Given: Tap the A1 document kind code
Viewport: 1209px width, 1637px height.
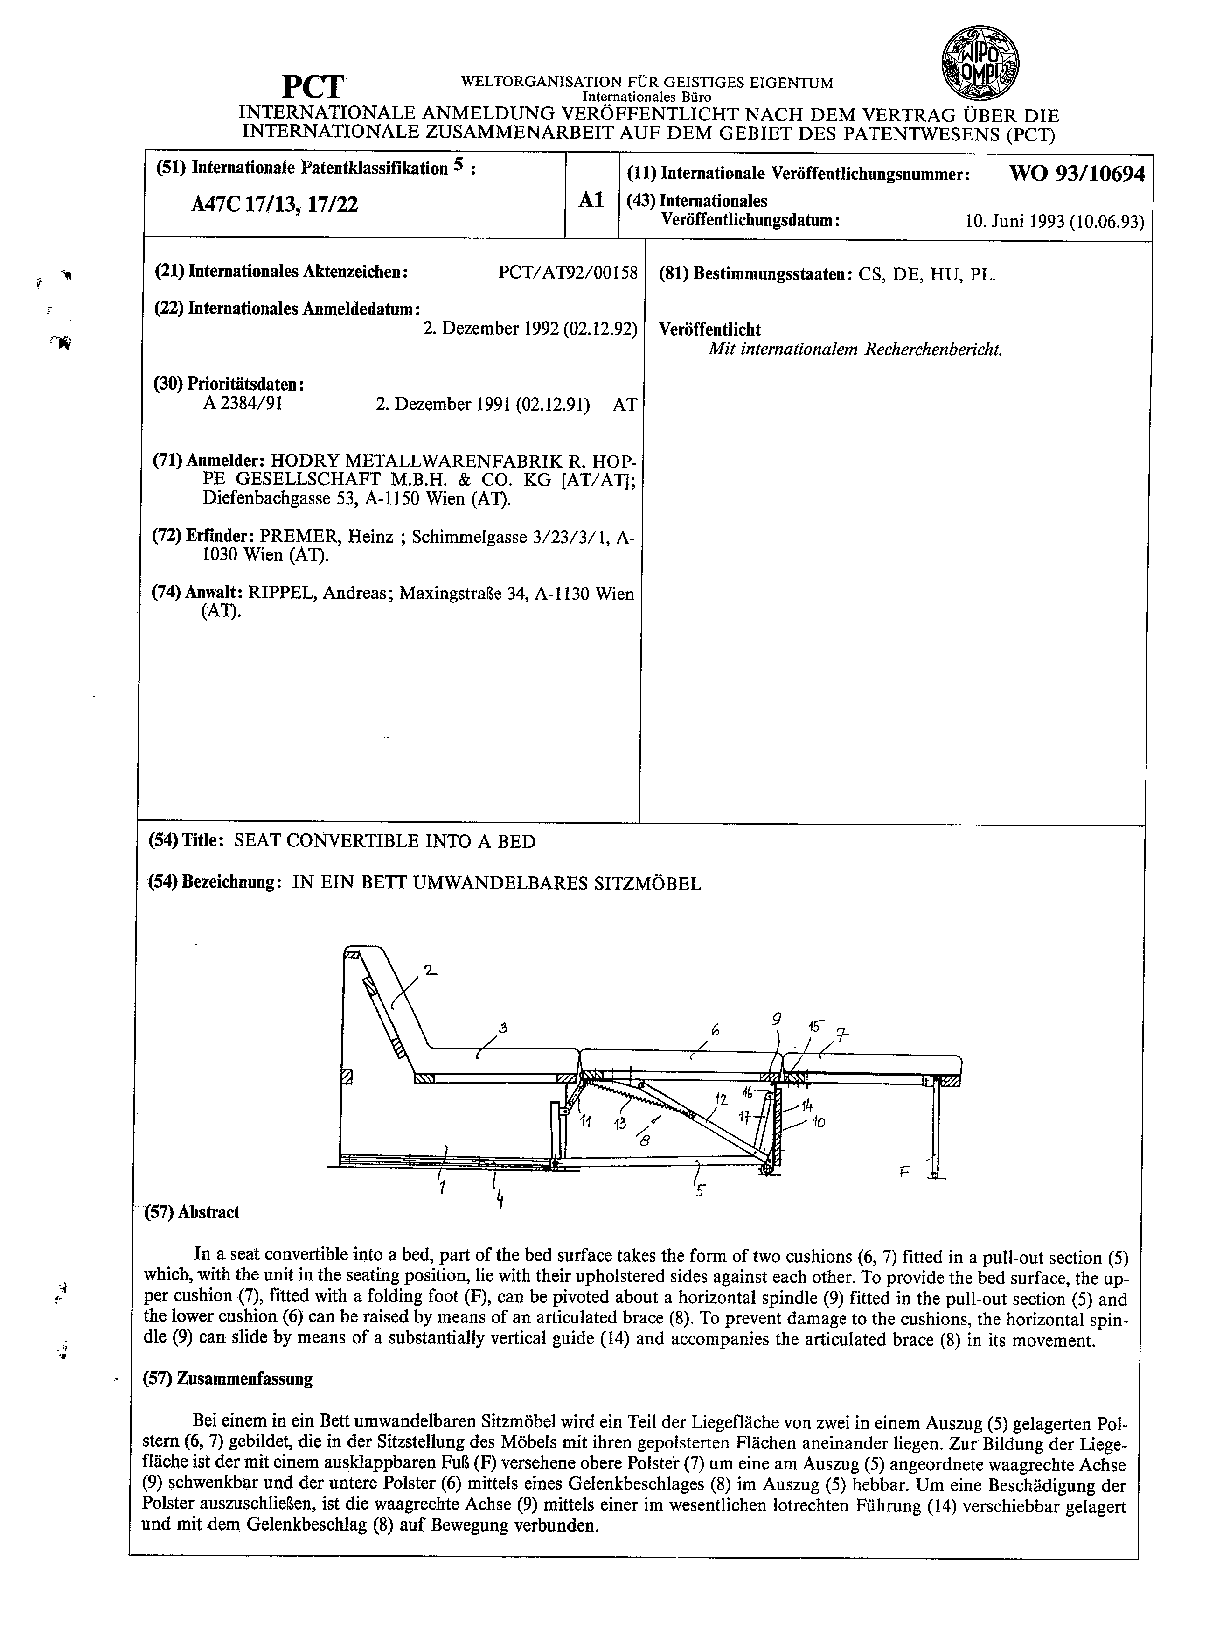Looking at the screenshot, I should [x=591, y=200].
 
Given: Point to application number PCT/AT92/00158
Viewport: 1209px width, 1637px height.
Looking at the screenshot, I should [x=568, y=273].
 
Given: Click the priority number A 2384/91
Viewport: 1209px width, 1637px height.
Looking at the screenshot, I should [x=243, y=403].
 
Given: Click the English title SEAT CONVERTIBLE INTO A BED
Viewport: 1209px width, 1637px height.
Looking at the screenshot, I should [x=385, y=841].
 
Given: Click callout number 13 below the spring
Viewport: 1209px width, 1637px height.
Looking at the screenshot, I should [x=621, y=1123].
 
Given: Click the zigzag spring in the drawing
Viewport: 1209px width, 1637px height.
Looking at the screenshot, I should [x=626, y=1096].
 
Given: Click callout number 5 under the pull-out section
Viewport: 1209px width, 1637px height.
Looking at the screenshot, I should [x=701, y=1189].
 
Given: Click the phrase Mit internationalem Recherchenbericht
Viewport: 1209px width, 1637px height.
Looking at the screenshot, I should [x=855, y=349].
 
